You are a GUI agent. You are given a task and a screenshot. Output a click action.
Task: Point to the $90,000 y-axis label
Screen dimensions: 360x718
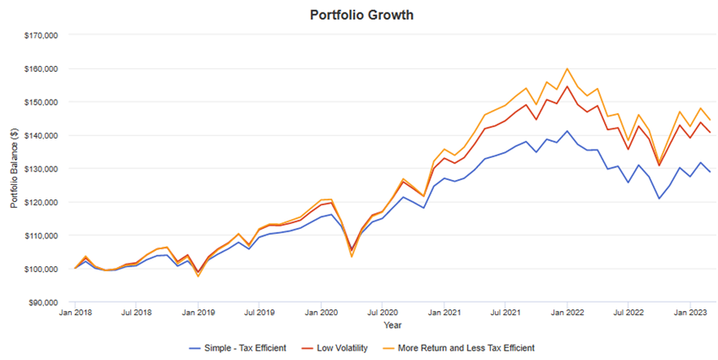tap(41, 302)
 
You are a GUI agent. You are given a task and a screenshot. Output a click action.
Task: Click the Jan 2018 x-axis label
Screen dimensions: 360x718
tap(75, 313)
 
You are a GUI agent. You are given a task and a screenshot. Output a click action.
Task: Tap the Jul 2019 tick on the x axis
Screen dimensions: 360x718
tap(259, 313)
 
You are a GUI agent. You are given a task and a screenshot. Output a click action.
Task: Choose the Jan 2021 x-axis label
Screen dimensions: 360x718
tap(443, 313)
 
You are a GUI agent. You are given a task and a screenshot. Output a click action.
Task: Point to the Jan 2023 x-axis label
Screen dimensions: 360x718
tap(690, 313)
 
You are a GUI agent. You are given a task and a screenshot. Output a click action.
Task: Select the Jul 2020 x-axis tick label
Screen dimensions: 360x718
tap(382, 313)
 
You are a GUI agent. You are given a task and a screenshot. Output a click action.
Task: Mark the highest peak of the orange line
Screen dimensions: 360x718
tap(567, 68)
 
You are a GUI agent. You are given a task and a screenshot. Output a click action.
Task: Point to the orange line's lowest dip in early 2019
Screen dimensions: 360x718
tap(199, 276)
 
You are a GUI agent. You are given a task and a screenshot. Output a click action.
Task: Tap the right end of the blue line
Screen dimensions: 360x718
tap(710, 172)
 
